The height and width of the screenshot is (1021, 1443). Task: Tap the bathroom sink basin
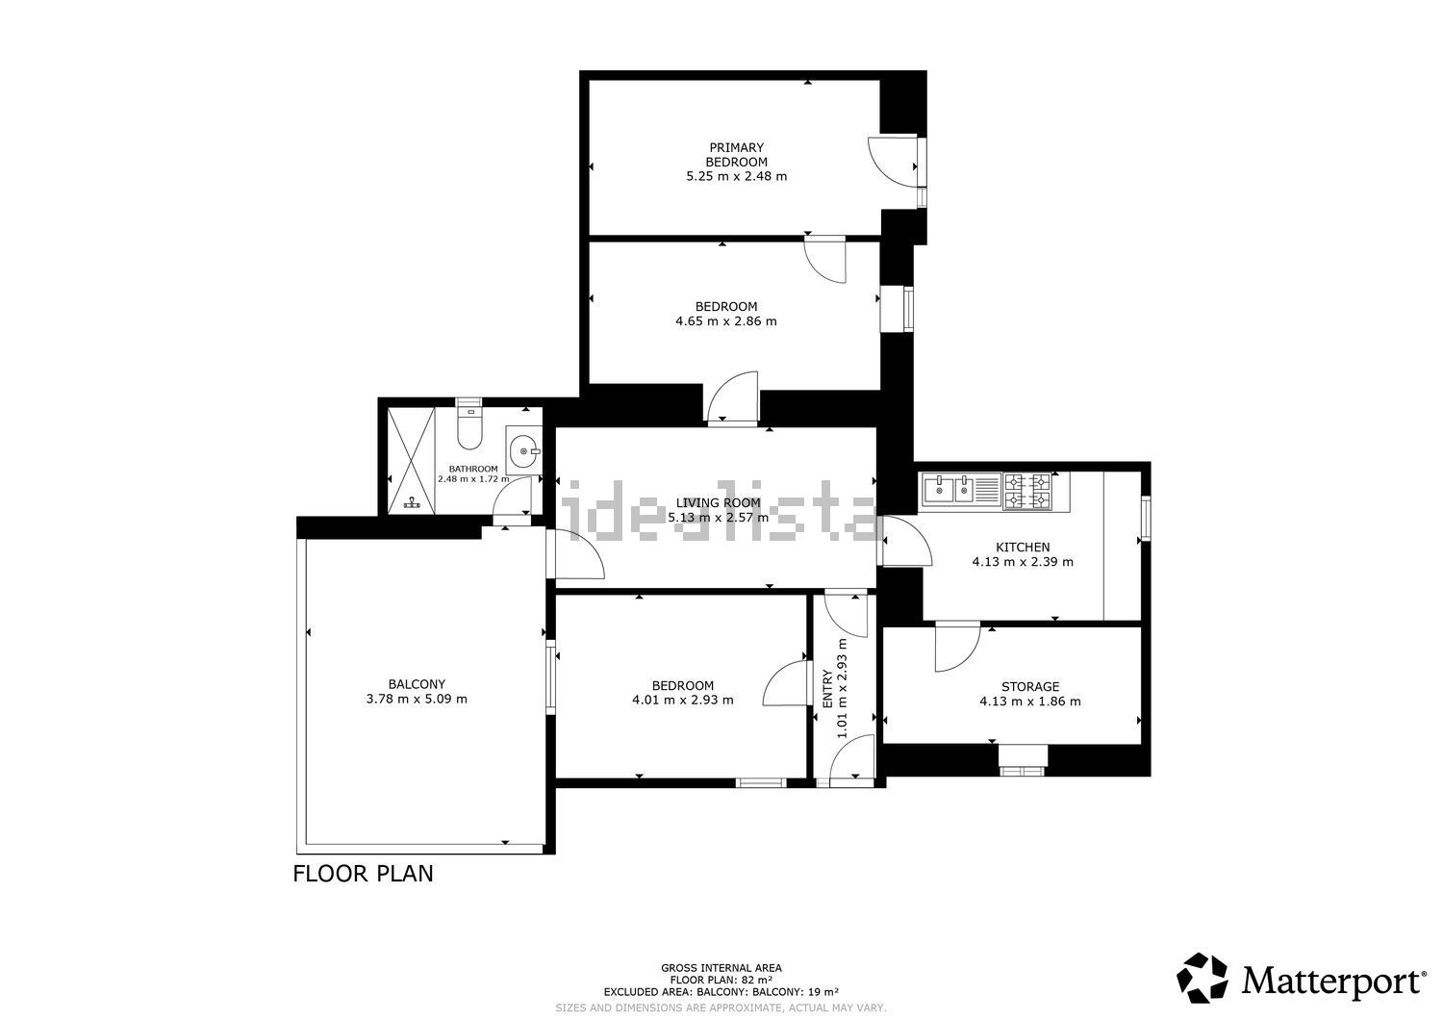(523, 450)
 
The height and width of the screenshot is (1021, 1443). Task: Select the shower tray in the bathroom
(411, 460)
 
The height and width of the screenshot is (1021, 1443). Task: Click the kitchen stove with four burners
(1026, 491)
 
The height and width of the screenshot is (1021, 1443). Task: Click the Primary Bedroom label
(736, 155)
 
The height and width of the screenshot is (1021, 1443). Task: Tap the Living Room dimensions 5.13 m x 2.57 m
(719, 517)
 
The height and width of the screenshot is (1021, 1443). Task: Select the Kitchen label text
(1023, 548)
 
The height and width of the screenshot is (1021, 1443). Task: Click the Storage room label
(1030, 686)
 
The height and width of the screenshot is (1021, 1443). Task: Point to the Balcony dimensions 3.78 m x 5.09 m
(417, 699)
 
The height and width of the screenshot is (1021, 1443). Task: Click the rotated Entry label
(827, 688)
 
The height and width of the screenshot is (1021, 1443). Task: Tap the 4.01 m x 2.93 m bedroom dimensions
(683, 700)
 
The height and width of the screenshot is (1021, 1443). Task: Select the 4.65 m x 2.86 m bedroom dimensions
(726, 321)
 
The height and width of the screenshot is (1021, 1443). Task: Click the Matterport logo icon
(1202, 978)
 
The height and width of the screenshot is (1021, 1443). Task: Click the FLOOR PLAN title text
(364, 874)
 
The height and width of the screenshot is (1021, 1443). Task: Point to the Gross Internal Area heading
(721, 967)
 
